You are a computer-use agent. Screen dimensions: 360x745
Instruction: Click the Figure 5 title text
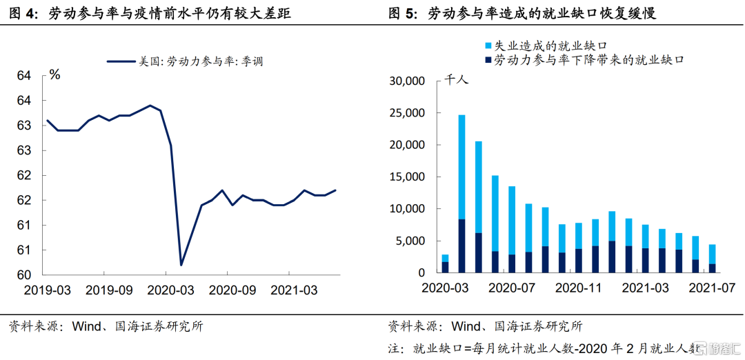521,13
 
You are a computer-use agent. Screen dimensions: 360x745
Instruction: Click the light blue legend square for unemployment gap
488,46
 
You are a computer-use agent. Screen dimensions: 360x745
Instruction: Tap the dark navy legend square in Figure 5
488,60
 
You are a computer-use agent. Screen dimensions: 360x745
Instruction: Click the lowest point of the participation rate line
181,265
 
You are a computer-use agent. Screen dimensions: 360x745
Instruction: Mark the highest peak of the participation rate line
150,106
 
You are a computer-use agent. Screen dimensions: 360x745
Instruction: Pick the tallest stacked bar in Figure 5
461,193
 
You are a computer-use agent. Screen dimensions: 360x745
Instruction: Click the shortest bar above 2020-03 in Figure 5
445,263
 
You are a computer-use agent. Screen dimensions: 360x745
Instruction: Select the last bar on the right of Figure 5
711,259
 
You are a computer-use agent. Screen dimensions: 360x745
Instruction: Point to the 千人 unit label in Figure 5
456,80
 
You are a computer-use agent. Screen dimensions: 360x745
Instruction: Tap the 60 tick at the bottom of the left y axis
24,274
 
